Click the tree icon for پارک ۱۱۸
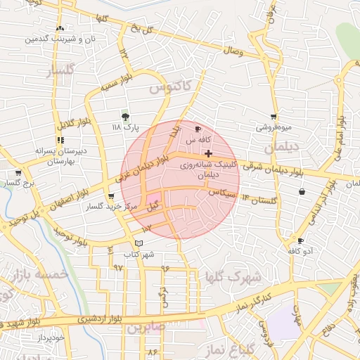click(126, 117)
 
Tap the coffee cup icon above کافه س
click(198, 129)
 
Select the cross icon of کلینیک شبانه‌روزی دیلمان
click(208, 153)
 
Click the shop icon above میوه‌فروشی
click(273, 117)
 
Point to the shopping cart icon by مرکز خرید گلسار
click(111, 197)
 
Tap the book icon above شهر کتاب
click(139, 243)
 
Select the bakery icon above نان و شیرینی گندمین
click(59, 29)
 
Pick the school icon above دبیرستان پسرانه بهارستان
click(60, 140)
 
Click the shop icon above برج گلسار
click(18, 173)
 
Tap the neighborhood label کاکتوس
click(169, 86)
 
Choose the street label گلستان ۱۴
click(259, 200)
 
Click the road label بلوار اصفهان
click(64, 200)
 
